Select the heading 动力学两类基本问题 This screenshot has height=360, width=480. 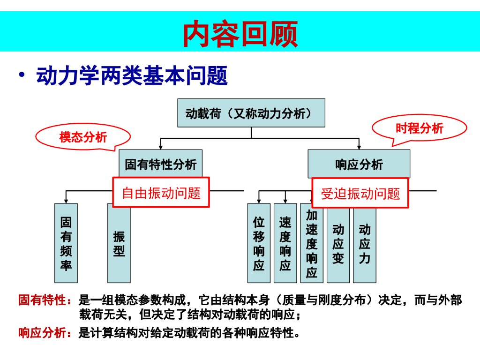[x=132, y=76]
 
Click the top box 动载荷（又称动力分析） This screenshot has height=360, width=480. [x=251, y=113]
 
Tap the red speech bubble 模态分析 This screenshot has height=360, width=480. [x=83, y=137]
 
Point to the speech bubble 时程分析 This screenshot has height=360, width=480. [x=419, y=128]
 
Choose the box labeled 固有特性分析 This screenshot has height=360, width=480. [x=160, y=164]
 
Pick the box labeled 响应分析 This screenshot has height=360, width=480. [x=359, y=164]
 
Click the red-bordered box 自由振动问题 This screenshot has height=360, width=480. [x=161, y=192]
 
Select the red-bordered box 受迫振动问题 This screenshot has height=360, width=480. [x=360, y=193]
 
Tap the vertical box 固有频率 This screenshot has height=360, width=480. [x=66, y=243]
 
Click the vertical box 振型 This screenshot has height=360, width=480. [x=119, y=243]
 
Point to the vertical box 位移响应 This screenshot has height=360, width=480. [x=259, y=243]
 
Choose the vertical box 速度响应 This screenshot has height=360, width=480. [x=285, y=243]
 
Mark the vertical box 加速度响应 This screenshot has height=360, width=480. [x=312, y=243]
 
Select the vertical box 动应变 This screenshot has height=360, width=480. [x=338, y=243]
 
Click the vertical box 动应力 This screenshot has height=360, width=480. [x=365, y=243]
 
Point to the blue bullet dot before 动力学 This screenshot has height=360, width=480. [x=22, y=75]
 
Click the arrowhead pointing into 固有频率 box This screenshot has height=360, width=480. [x=66, y=201]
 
